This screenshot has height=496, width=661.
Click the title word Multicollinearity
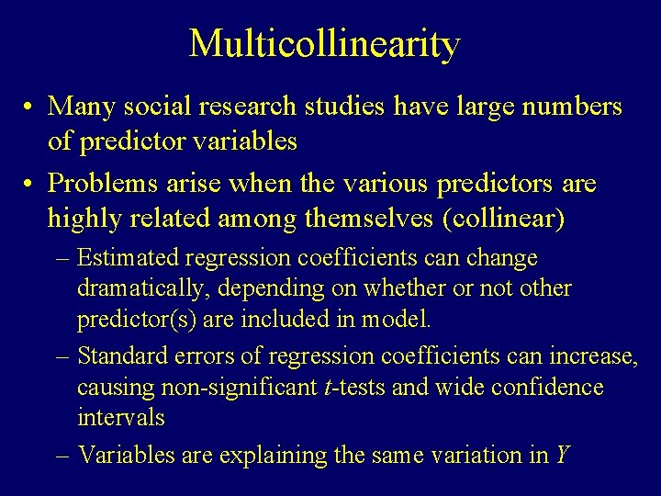pyautogui.click(x=324, y=44)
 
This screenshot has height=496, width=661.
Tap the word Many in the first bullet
pyautogui.click(x=78, y=107)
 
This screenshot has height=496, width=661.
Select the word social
pyautogui.click(x=147, y=107)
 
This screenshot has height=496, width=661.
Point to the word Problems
pyautogui.click(x=98, y=184)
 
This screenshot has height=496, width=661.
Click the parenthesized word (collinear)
pyautogui.click(x=502, y=220)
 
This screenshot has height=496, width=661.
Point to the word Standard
pyautogui.click(x=121, y=355)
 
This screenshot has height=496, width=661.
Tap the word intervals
pyautogui.click(x=120, y=418)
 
